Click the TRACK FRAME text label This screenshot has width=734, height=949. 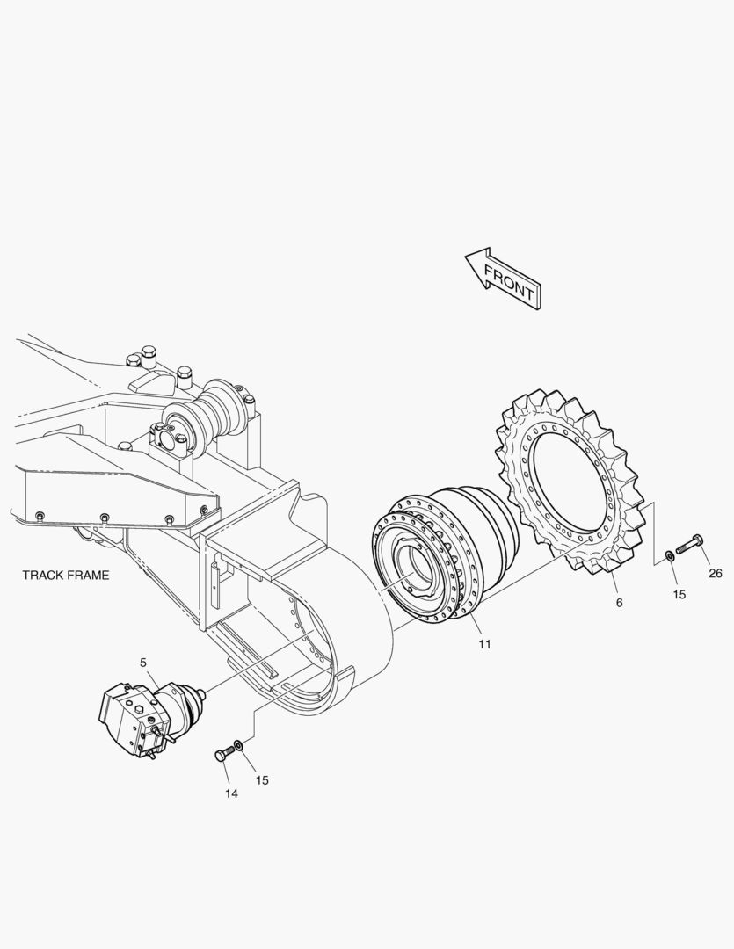(x=66, y=576)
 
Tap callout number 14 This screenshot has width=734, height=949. (x=231, y=793)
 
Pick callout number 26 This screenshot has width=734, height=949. (x=716, y=574)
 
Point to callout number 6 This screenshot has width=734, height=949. (x=619, y=603)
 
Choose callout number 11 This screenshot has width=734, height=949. (x=484, y=644)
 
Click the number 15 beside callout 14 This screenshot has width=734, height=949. (x=262, y=780)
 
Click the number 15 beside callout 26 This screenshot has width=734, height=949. (x=679, y=595)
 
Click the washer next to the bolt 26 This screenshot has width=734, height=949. (x=671, y=554)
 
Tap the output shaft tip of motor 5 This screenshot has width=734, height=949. (x=201, y=695)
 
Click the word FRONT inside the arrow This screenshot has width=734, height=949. (x=509, y=282)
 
